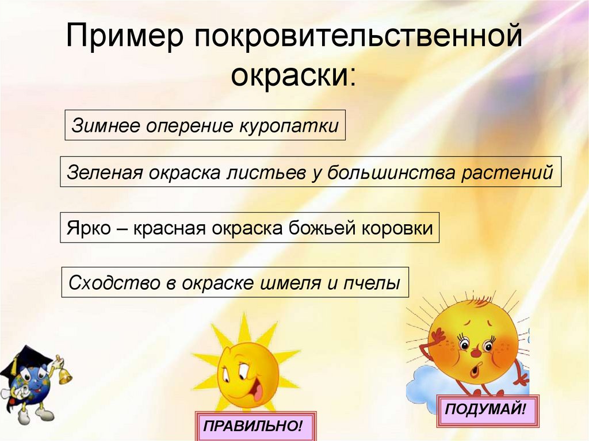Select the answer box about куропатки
pos(205,125)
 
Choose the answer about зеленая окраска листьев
pos(310,171)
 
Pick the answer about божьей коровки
pos(250,228)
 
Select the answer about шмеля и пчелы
pos(235,282)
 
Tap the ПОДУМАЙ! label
pos(488,411)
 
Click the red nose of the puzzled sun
pos(476,348)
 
